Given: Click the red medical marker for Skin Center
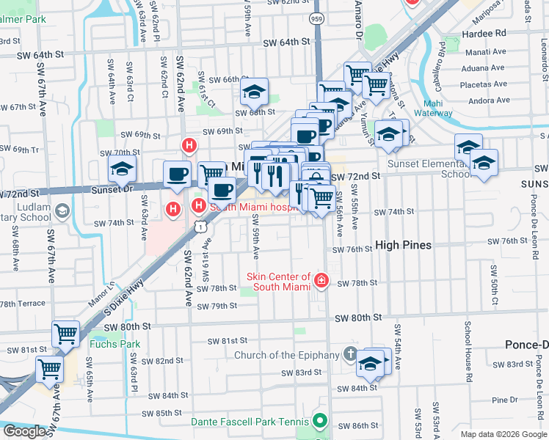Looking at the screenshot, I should [x=321, y=281].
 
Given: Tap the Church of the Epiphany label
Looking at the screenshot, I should [x=286, y=356].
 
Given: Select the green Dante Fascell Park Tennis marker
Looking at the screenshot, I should [x=319, y=421].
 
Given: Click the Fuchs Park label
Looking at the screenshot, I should [x=104, y=343].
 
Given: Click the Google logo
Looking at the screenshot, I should [x=24, y=431].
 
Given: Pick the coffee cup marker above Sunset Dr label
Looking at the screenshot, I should [x=177, y=174].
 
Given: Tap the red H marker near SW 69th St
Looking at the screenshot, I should [x=189, y=146].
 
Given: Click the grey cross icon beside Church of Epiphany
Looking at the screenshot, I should [x=352, y=356].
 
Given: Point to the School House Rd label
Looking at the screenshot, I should [x=468, y=345].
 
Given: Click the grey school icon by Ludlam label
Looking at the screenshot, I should [x=63, y=212].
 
